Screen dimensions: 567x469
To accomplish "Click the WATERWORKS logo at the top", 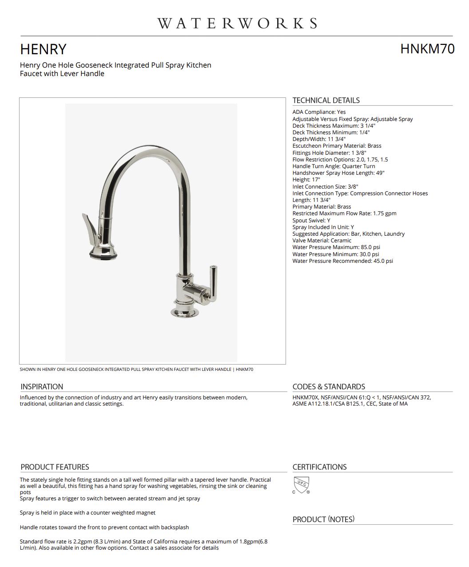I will pyautogui.click(x=237, y=23).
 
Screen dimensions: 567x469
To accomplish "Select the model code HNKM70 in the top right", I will pyautogui.click(x=427, y=49).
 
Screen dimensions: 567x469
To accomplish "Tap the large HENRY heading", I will pyautogui.click(x=43, y=49).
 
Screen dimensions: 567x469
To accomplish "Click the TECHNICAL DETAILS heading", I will pyautogui.click(x=326, y=101).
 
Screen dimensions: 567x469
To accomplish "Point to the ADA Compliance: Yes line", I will pyautogui.click(x=319, y=112).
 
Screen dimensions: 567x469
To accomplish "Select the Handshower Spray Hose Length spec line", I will pyautogui.click(x=338, y=173).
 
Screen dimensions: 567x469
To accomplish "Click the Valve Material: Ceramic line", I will pyautogui.click(x=322, y=241).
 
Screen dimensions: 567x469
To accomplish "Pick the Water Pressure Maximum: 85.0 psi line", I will pyautogui.click(x=336, y=247).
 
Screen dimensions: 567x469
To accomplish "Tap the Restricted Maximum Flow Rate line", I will pyautogui.click(x=344, y=213).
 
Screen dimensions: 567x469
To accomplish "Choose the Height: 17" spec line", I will pyautogui.click(x=306, y=180).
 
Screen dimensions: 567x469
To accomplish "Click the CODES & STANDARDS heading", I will pyautogui.click(x=329, y=387).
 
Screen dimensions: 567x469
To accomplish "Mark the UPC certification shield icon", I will pyautogui.click(x=302, y=484).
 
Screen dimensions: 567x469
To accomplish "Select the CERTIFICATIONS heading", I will pyautogui.click(x=319, y=467).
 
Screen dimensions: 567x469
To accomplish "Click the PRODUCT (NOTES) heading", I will pyautogui.click(x=323, y=519).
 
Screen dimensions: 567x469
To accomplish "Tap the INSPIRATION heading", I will pyautogui.click(x=42, y=387).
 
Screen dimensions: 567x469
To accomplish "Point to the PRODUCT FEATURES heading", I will pyautogui.click(x=55, y=467).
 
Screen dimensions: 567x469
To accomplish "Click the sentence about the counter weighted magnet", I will pyautogui.click(x=87, y=513).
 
